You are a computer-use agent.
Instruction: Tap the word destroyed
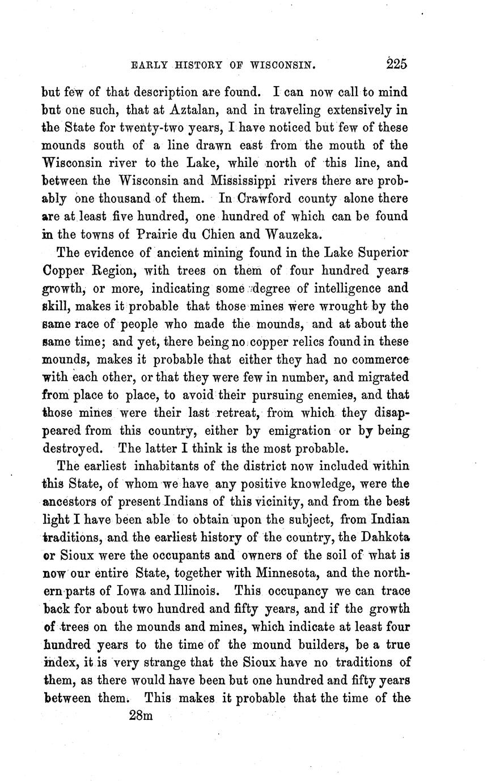74,449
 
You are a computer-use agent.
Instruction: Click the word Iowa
133,591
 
